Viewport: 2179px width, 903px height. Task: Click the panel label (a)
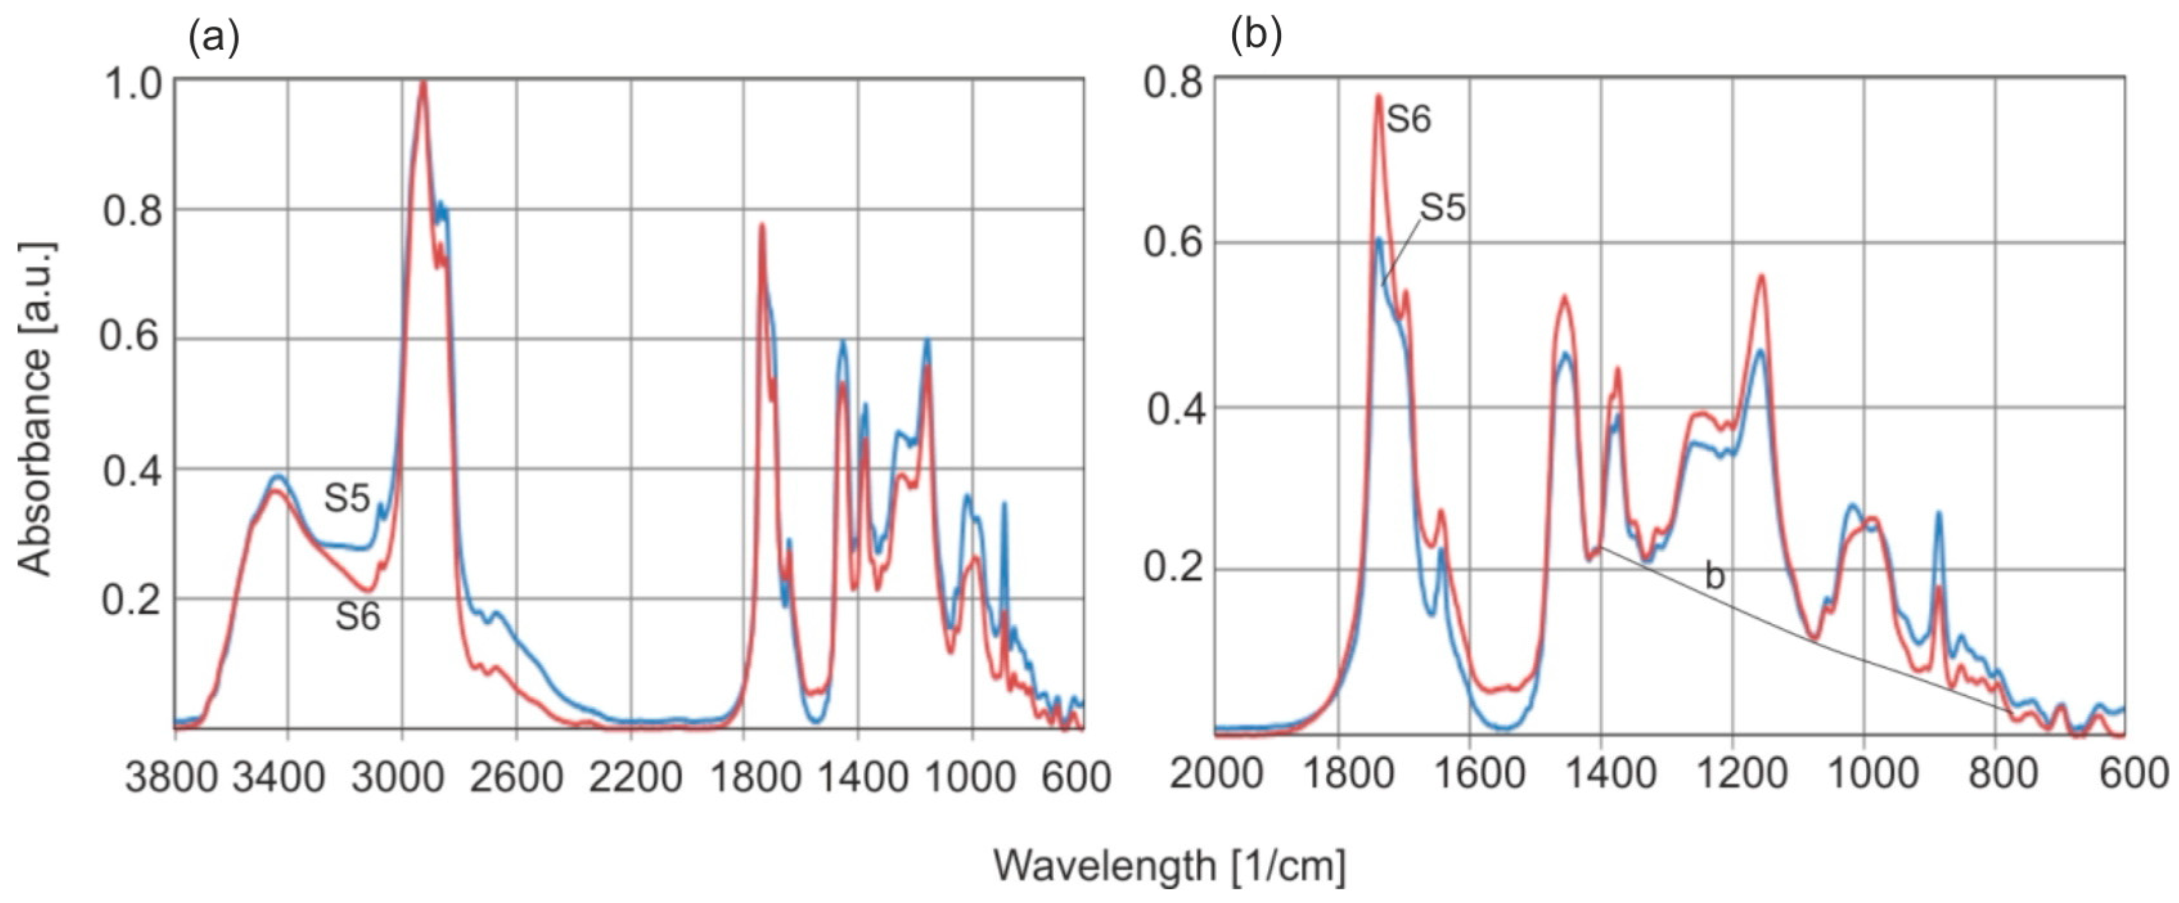[x=213, y=38]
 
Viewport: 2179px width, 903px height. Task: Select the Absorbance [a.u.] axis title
[x=35, y=409]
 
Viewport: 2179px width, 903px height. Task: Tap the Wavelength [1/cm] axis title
[x=1169, y=865]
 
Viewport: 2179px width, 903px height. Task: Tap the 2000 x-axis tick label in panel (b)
[x=1216, y=772]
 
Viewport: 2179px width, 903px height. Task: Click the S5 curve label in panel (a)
[x=347, y=498]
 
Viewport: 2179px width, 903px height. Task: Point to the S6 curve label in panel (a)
[x=358, y=616]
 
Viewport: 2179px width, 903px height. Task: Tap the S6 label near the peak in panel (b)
[x=1408, y=119]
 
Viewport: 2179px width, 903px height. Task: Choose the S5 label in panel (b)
[x=1442, y=207]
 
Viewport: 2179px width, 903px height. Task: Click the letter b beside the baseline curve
[x=1714, y=576]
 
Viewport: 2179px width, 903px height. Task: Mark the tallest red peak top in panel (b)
[x=1378, y=96]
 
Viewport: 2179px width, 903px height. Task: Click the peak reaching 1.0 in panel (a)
[x=423, y=83]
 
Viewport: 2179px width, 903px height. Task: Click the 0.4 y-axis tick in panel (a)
[x=132, y=470]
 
